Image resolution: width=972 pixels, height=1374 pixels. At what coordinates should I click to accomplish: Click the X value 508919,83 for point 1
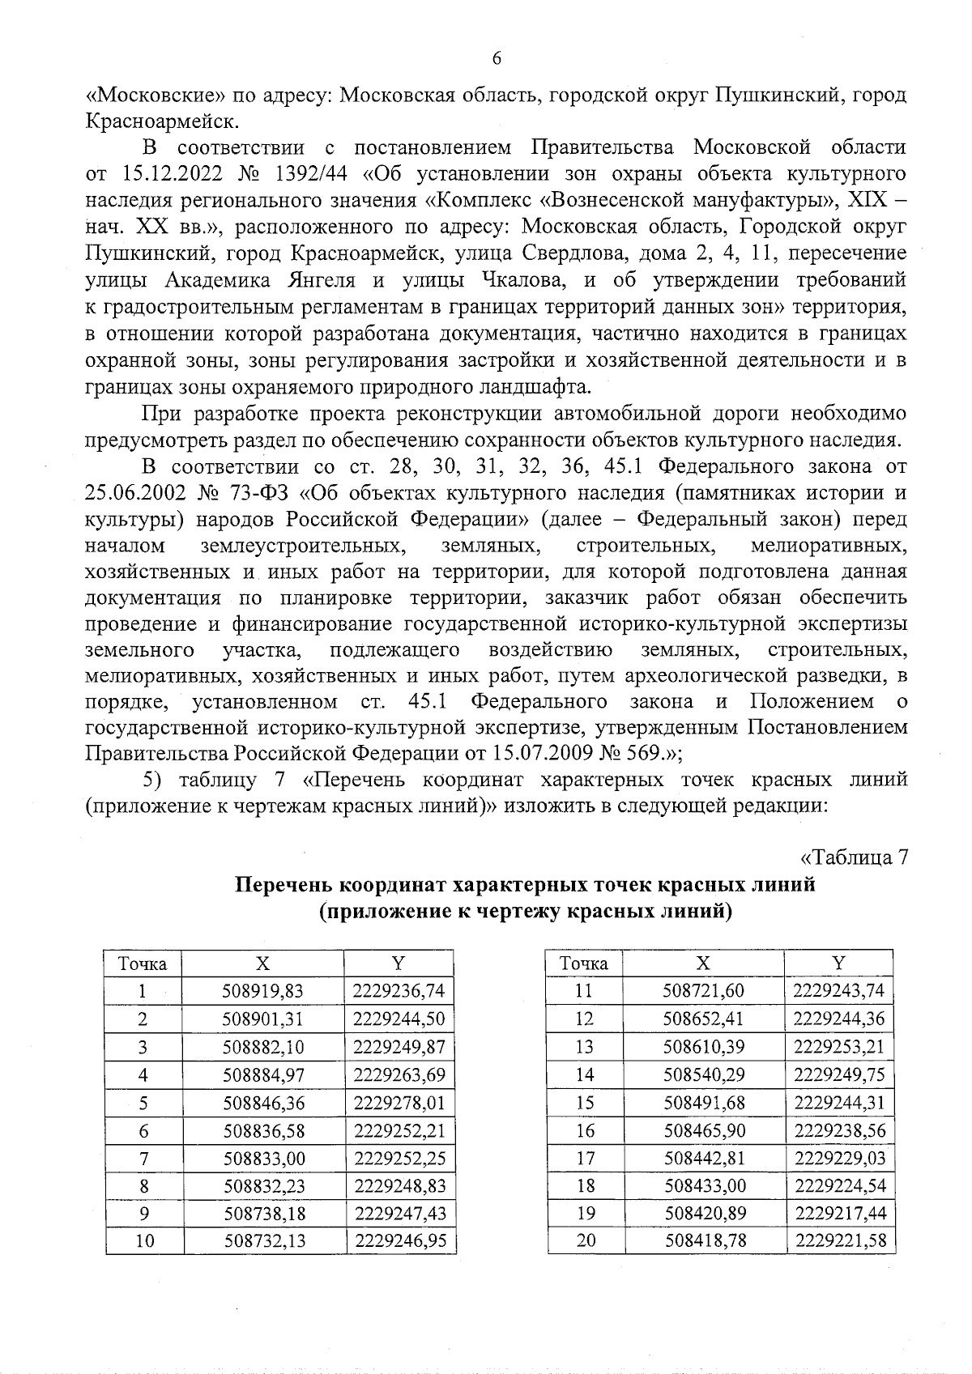click(263, 991)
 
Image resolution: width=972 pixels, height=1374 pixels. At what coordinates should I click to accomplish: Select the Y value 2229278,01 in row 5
click(399, 1103)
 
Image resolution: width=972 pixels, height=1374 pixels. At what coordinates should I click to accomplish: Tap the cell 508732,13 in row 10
click(263, 1240)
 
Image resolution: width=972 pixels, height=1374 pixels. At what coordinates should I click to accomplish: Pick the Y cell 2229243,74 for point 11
click(838, 991)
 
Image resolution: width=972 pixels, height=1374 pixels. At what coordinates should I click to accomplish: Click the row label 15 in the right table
click(584, 1103)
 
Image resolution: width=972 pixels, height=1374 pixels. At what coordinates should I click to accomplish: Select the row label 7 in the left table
click(143, 1158)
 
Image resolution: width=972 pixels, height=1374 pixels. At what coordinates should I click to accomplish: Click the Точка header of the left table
click(143, 964)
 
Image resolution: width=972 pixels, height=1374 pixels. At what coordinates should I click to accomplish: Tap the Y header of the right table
click(838, 964)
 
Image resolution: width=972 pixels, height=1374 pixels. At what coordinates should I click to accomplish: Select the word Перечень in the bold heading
click(281, 885)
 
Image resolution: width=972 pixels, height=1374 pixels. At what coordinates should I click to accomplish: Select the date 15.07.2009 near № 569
click(541, 753)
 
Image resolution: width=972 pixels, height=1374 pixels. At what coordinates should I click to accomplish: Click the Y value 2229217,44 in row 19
click(838, 1213)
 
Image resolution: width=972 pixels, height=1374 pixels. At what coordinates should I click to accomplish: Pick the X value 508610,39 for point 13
click(704, 1047)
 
